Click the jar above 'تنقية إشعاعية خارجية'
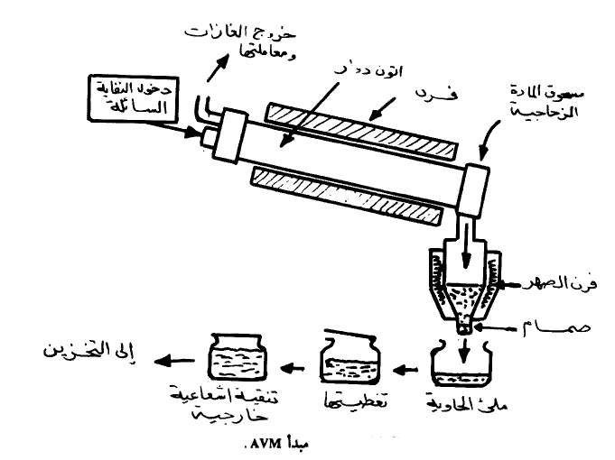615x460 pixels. [x=238, y=359]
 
